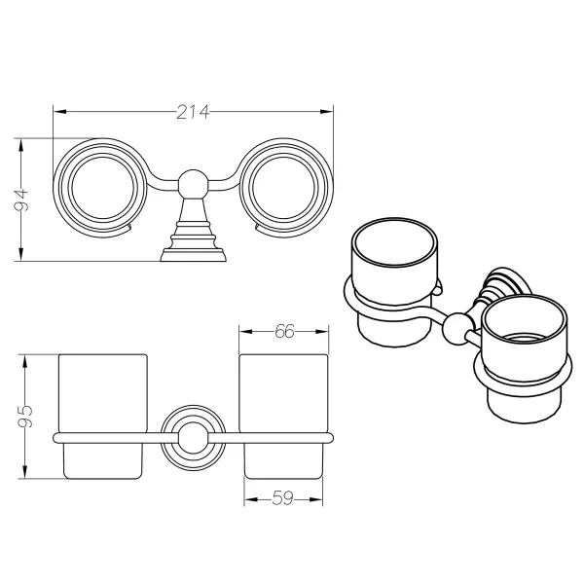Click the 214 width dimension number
[x=193, y=112]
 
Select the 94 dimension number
[x=21, y=200]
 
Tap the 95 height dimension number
[x=25, y=416]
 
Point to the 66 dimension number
[x=284, y=331]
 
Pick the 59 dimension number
[x=282, y=497]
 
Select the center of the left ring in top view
[x=103, y=188]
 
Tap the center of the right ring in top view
[x=283, y=188]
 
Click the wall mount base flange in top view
[x=193, y=256]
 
